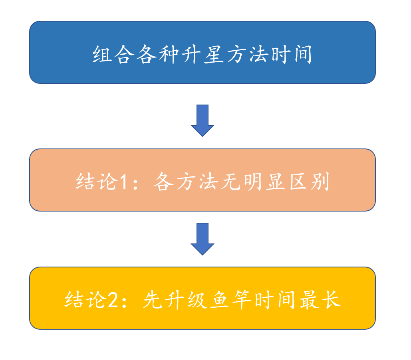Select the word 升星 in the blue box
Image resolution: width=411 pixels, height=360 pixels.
(x=203, y=55)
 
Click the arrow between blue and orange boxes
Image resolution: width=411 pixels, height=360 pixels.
(x=203, y=121)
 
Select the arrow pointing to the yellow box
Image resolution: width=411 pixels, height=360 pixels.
(x=203, y=239)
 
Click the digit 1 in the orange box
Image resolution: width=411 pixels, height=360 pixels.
(x=124, y=182)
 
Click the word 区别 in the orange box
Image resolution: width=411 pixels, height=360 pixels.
(x=309, y=181)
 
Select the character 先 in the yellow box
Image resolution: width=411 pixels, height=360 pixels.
(x=153, y=299)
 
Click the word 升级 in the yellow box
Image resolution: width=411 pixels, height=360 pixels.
(x=186, y=299)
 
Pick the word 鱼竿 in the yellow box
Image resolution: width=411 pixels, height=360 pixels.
(x=231, y=299)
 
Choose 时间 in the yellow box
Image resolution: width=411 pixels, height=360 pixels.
(x=275, y=299)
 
